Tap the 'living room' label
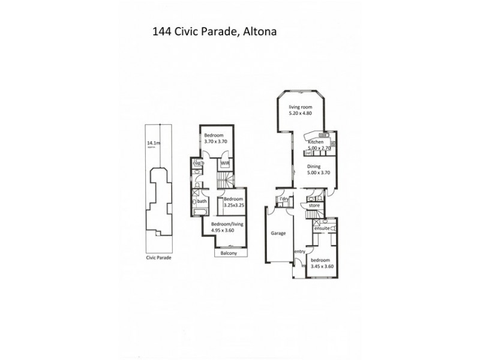[300, 107]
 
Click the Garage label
[277, 233]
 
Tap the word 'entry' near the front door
[299, 251]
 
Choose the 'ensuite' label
[322, 229]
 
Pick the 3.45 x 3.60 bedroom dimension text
[320, 266]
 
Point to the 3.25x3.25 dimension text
[233, 205]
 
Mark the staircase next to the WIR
[223, 178]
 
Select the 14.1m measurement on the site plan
[154, 143]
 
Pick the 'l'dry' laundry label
[281, 199]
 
